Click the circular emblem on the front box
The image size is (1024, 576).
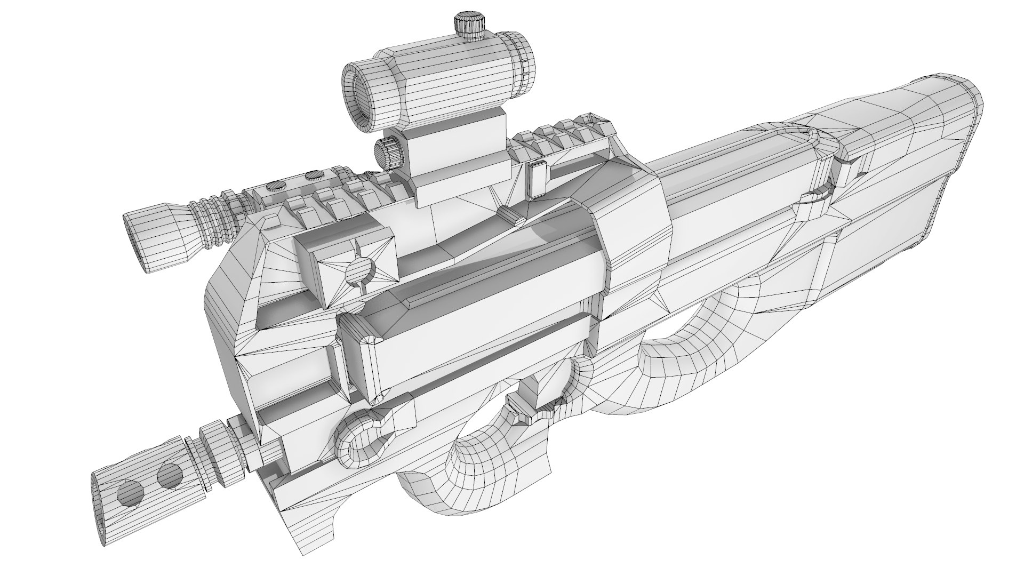[359, 271]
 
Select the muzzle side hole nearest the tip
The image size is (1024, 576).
[131, 493]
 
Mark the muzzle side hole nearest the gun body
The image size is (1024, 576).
[171, 473]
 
